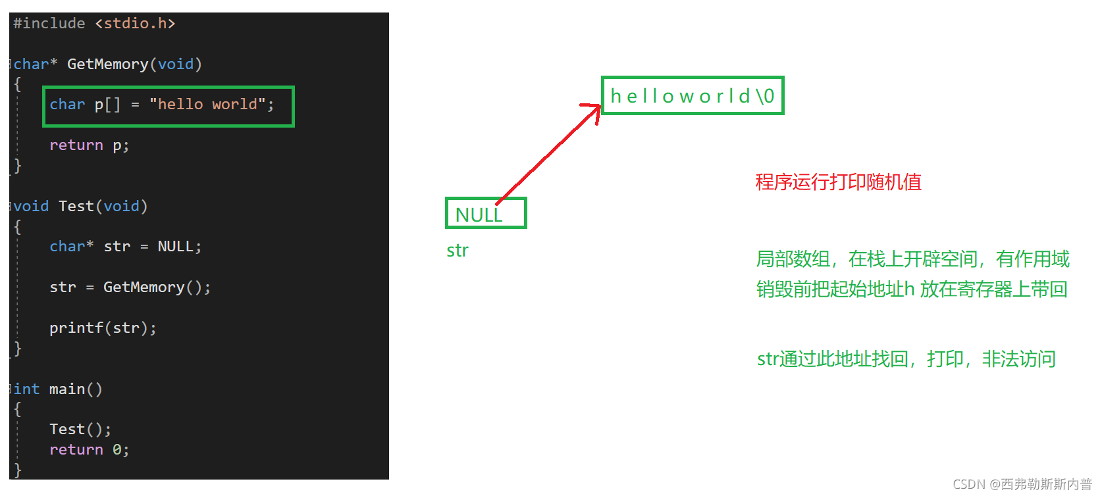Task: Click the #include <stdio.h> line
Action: (94, 24)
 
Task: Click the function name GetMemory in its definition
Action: (107, 64)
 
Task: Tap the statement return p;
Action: (89, 145)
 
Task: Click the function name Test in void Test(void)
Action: (76, 207)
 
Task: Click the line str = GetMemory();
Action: (130, 287)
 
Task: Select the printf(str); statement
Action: (103, 328)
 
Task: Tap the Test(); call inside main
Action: (80, 430)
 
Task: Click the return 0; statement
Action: (89, 450)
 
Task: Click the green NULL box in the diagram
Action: (485, 214)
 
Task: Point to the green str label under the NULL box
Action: (458, 251)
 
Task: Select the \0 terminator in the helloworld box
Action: (765, 97)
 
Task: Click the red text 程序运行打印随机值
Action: (838, 182)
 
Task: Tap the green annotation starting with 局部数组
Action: (912, 259)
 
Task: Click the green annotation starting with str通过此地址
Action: (906, 359)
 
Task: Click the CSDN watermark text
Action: (1022, 484)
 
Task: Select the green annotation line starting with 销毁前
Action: (912, 289)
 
